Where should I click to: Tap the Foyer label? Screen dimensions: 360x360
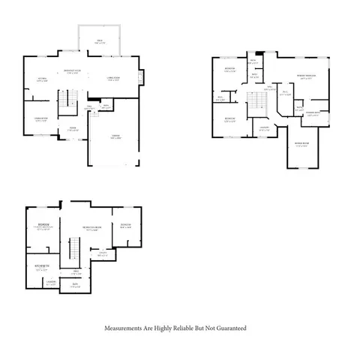[x=73, y=128]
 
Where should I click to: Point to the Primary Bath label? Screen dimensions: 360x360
[x=318, y=115]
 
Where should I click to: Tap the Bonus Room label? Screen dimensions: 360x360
[x=302, y=144]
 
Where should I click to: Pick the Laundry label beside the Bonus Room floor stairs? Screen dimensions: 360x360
[x=264, y=128]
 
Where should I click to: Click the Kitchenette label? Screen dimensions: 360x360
[x=42, y=265]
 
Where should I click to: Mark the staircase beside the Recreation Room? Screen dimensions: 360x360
[x=74, y=249]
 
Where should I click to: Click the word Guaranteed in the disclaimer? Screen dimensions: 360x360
[x=229, y=328]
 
